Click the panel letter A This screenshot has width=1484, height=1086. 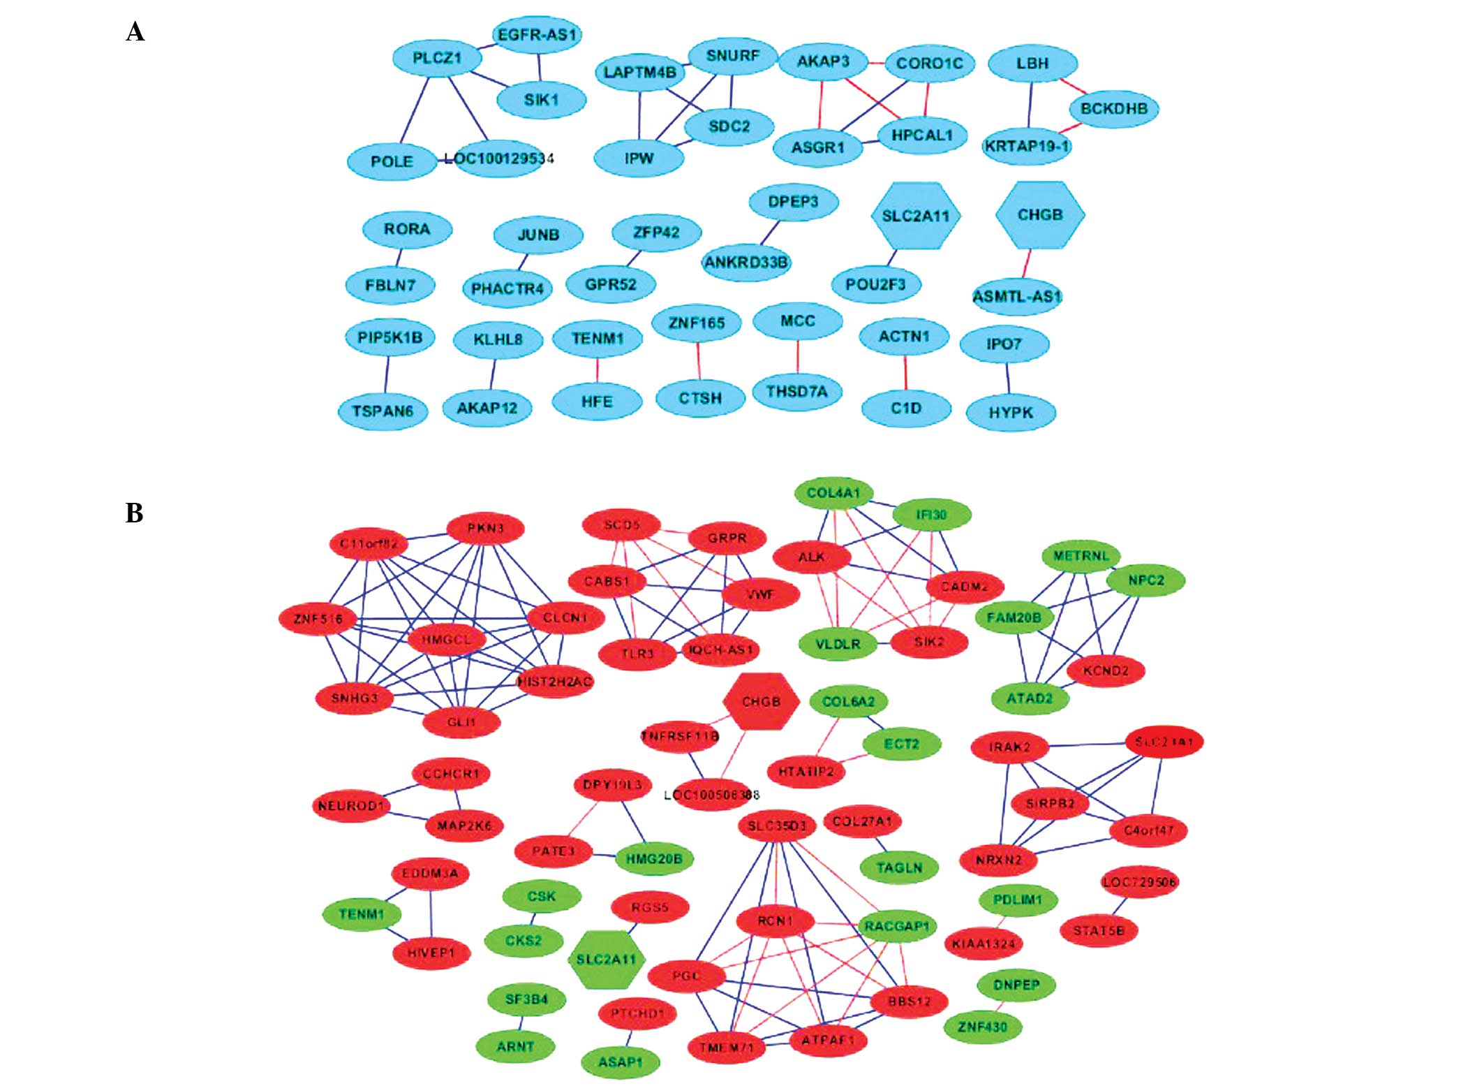(135, 32)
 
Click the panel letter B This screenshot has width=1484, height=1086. (134, 513)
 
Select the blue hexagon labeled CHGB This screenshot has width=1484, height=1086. (1039, 215)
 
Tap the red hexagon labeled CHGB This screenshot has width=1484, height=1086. (761, 701)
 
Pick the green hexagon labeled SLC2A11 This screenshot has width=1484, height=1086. (606, 960)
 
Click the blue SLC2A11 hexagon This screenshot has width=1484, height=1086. (916, 216)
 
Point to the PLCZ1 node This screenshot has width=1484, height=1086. (437, 58)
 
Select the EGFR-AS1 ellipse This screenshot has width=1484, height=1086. (537, 35)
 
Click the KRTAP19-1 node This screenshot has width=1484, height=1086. (1026, 147)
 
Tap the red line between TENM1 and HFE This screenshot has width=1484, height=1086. (598, 369)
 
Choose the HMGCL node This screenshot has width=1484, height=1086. (446, 639)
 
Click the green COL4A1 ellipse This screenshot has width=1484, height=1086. (833, 493)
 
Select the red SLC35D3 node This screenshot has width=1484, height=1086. (777, 826)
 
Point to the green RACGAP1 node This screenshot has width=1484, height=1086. (896, 926)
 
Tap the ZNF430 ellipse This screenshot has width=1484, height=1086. (982, 1027)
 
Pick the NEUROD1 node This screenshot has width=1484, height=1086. (350, 806)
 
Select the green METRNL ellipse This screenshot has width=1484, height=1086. (1081, 557)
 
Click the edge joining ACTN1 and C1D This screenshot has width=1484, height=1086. (906, 373)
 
